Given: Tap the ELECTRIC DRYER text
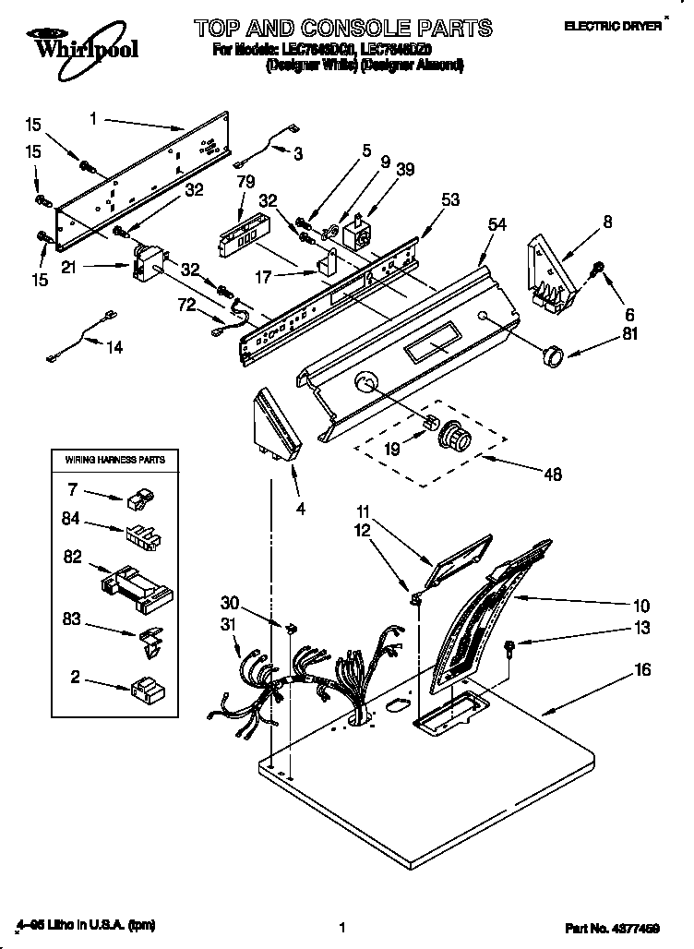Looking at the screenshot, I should click(x=613, y=27).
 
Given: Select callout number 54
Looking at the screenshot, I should click(x=497, y=224).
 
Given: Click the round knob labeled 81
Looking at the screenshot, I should click(x=553, y=354).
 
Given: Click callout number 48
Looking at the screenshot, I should click(x=553, y=474).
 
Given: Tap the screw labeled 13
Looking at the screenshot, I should click(x=509, y=646).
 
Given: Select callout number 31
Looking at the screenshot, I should click(x=230, y=625).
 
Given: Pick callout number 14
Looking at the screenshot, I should click(x=114, y=347).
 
